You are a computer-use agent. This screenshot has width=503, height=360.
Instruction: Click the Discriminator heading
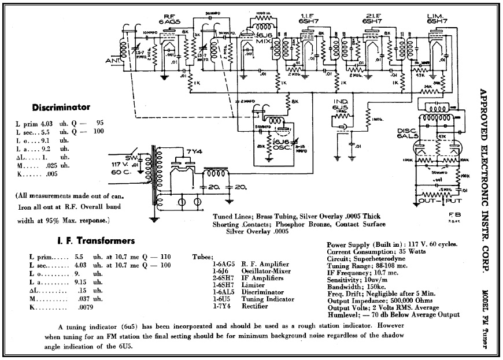(61, 107)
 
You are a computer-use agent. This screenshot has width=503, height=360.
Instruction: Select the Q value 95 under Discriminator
(99, 123)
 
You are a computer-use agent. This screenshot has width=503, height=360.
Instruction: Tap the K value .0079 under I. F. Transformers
(83, 309)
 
